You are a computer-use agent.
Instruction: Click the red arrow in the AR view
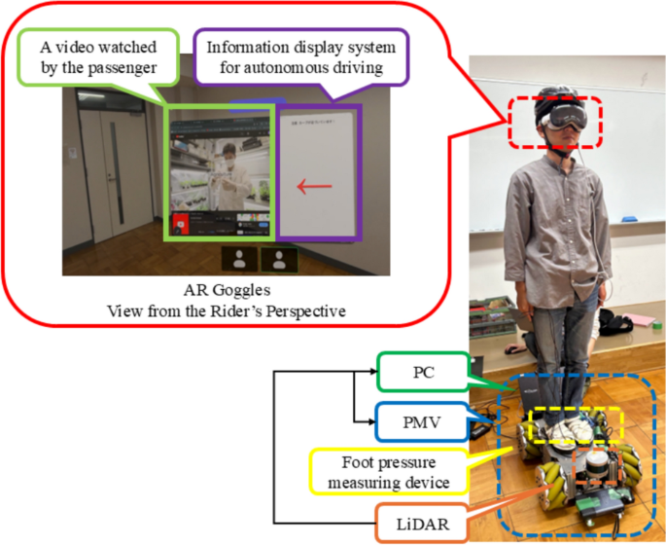314,185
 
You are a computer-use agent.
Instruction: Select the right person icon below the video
280,258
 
